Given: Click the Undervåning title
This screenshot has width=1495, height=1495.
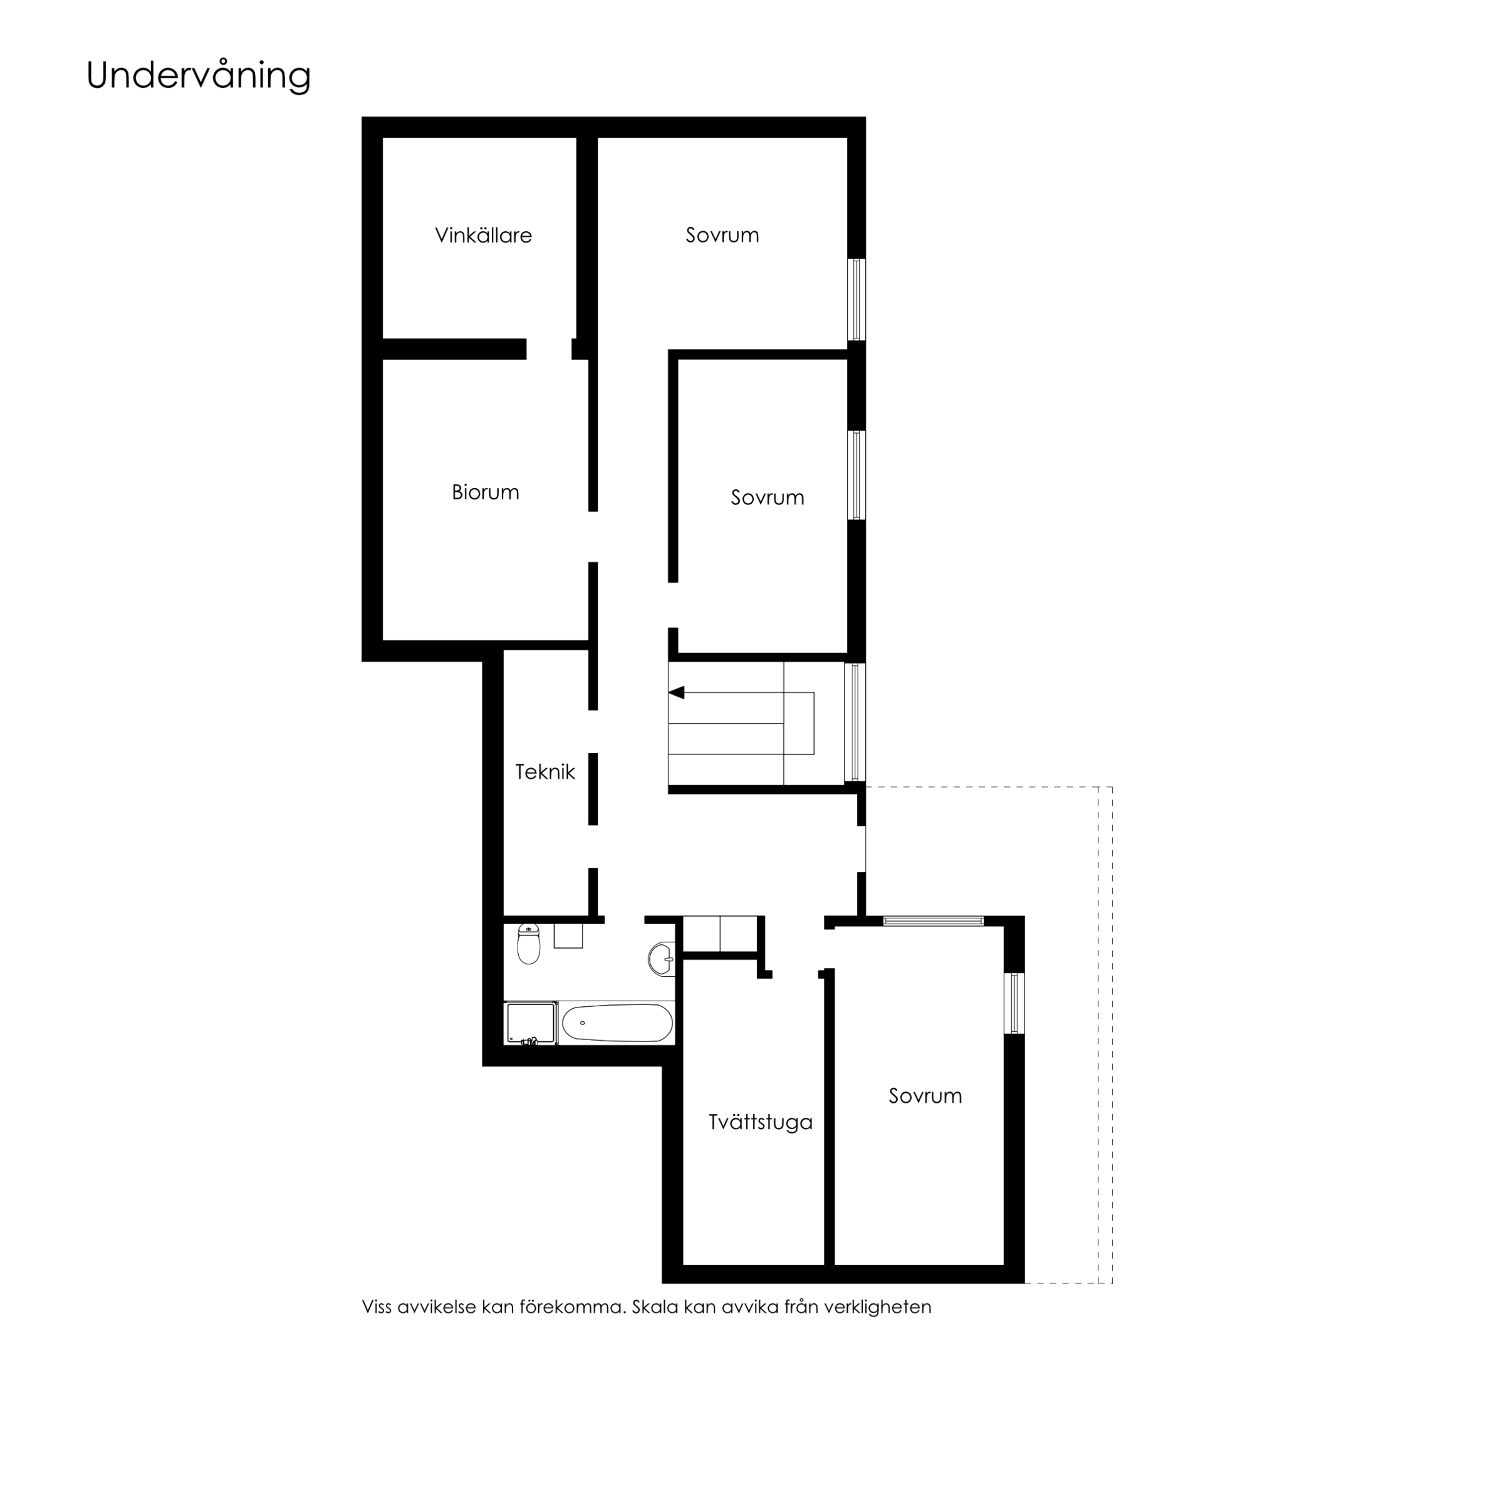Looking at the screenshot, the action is coord(198,76).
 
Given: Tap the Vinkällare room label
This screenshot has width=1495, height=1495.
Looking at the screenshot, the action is coord(483,235).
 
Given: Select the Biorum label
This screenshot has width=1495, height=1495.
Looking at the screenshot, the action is coord(485,492).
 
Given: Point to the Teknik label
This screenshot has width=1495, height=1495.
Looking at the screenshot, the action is coord(544,771).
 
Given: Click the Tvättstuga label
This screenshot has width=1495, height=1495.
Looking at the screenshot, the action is coord(761,1122).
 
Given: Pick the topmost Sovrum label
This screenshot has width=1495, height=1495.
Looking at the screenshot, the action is coord(722,235).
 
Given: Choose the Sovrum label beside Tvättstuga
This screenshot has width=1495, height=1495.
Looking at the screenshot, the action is coord(925,1096).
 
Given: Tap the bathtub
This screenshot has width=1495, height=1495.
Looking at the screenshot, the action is coord(617,1023).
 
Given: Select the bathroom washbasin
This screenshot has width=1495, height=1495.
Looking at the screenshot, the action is coord(662,959).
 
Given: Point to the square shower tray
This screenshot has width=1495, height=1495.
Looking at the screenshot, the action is coord(531,1024).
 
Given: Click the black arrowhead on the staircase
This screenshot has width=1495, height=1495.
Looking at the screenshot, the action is coord(676,692).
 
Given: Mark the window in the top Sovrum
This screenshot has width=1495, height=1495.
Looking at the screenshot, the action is coord(856,300).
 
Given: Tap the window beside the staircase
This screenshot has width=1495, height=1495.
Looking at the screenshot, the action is coord(854,722).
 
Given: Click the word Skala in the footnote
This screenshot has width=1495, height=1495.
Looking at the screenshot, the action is coord(655,1307).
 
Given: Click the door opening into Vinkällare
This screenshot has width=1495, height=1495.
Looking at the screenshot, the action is coord(549,349).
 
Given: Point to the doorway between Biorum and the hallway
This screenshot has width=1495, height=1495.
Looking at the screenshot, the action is coord(593,536).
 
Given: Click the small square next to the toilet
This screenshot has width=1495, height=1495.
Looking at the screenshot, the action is coord(568,936).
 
